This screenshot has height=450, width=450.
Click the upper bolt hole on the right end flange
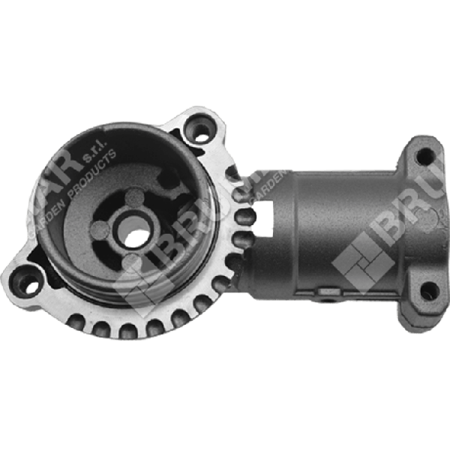pyautogui.click(x=424, y=157)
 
